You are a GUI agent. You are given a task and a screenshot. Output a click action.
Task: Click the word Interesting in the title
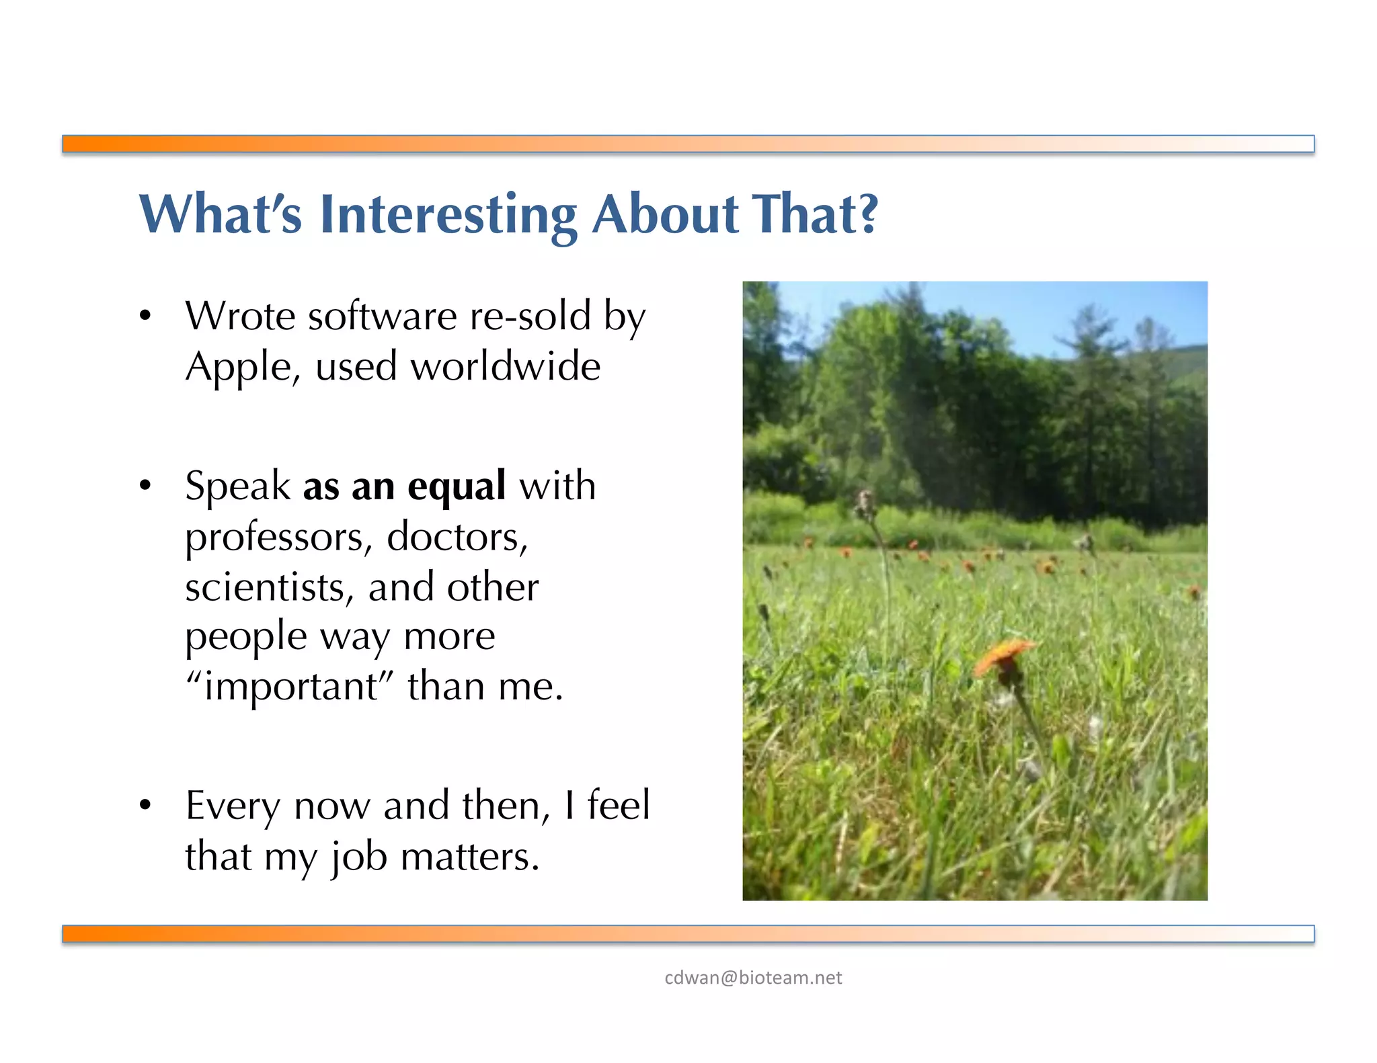(448, 214)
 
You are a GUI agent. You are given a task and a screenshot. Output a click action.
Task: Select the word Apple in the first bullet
(239, 368)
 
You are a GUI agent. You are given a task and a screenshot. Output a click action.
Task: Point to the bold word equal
(456, 487)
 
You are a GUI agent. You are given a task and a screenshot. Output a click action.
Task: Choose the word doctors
(457, 537)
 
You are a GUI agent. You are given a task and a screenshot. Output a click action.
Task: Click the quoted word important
(290, 687)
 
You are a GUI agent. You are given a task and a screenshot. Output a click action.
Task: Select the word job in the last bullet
(359, 857)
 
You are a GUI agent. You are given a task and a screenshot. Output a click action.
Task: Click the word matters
(470, 857)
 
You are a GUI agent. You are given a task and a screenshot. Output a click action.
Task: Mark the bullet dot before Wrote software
(145, 316)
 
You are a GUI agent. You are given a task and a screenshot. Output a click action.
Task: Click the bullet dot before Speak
(145, 486)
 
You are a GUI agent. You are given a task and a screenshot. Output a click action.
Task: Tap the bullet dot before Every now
(145, 805)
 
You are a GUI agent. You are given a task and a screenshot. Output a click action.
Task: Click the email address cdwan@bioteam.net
(752, 978)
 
